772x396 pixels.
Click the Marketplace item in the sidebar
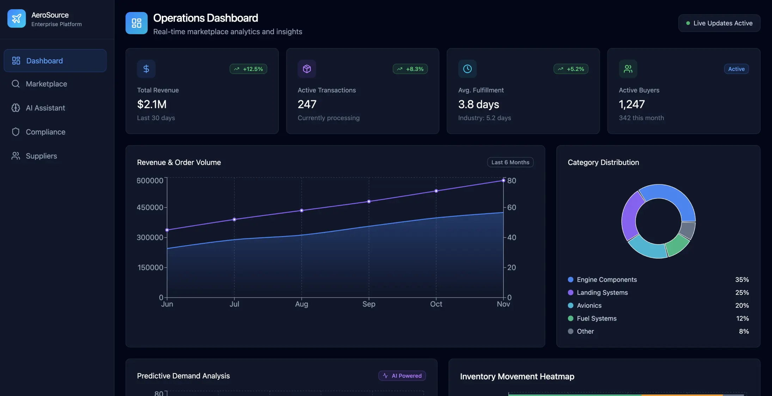pyautogui.click(x=46, y=84)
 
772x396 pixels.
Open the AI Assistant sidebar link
pyautogui.click(x=45, y=108)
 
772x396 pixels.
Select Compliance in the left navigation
pyautogui.click(x=45, y=132)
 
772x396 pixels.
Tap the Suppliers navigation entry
pyautogui.click(x=41, y=156)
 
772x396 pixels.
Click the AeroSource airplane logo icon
pyautogui.click(x=17, y=18)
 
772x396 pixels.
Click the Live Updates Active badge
pyautogui.click(x=719, y=23)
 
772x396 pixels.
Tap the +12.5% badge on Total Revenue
pyautogui.click(x=249, y=69)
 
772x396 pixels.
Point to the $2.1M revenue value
pyautogui.click(x=152, y=104)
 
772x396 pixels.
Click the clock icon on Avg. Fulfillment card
pyautogui.click(x=467, y=69)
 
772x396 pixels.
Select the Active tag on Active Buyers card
pyautogui.click(x=736, y=69)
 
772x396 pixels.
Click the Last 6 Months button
pyautogui.click(x=510, y=162)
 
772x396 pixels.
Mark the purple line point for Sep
pyautogui.click(x=369, y=202)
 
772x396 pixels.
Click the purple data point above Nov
pyautogui.click(x=503, y=180)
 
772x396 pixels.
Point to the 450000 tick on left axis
pyautogui.click(x=150, y=208)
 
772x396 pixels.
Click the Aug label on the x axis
pyautogui.click(x=301, y=304)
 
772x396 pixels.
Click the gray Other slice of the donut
pyautogui.click(x=687, y=230)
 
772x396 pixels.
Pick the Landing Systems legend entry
pyautogui.click(x=602, y=293)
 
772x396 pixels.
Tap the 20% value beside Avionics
pyautogui.click(x=742, y=306)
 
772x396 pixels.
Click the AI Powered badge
pyautogui.click(x=402, y=376)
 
